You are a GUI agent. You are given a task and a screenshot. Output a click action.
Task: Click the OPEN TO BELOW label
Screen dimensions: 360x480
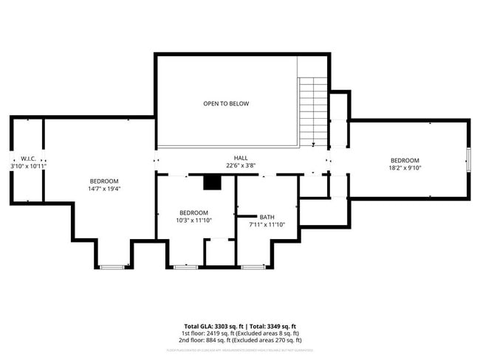tap(226, 103)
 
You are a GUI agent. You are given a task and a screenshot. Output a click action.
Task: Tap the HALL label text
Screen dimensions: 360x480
tap(241, 158)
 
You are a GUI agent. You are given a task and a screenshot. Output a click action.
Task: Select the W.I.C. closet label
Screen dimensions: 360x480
tap(29, 159)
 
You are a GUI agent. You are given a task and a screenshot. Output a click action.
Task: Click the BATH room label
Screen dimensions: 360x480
tap(267, 217)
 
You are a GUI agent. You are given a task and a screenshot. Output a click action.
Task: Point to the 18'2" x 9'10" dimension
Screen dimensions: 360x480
tap(404, 168)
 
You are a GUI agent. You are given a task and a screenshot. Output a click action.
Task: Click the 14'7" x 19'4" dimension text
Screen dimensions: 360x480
tap(103, 188)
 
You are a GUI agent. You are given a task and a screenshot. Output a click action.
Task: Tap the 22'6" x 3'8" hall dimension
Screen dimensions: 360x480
tap(241, 165)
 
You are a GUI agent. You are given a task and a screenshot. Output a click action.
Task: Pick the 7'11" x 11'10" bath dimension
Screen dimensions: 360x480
tap(267, 224)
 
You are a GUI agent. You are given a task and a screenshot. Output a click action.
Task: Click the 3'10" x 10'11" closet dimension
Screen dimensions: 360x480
tap(29, 166)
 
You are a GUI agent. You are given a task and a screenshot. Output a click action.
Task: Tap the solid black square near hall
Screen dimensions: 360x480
tap(212, 183)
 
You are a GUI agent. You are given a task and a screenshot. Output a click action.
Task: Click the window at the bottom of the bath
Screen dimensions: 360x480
tap(253, 266)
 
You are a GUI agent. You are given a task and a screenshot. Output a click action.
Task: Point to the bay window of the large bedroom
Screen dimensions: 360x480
tap(112, 266)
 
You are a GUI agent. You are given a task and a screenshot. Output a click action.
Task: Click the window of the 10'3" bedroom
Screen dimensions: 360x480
tap(185, 266)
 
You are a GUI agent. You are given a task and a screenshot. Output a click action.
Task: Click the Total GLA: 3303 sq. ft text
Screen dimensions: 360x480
tap(214, 326)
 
